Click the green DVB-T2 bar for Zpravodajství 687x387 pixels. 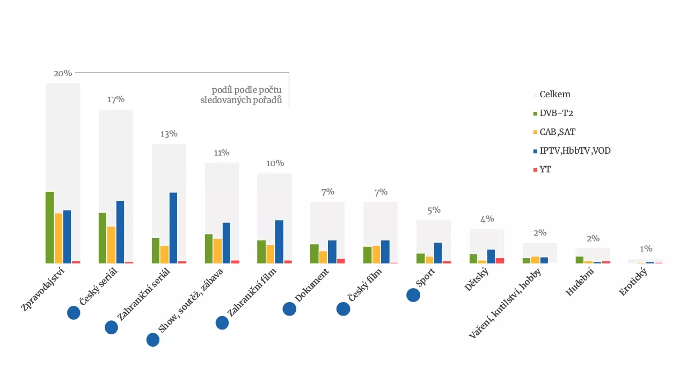click(49, 227)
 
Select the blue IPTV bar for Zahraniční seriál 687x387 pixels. click(173, 228)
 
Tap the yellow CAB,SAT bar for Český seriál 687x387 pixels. click(111, 245)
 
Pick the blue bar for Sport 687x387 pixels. click(438, 253)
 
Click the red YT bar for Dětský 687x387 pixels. click(500, 261)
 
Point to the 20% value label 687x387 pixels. click(63, 73)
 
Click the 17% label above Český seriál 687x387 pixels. click(116, 99)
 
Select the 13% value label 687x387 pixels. click(169, 134)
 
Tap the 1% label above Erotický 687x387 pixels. click(646, 249)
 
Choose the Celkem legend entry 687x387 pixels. click(554, 95)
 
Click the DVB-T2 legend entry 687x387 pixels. click(557, 113)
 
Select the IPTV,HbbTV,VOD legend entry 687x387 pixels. click(575, 151)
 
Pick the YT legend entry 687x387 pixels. click(545, 170)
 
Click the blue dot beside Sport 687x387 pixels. click(413, 295)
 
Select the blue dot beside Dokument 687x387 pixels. click(289, 309)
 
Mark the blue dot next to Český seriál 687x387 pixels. click(74, 313)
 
